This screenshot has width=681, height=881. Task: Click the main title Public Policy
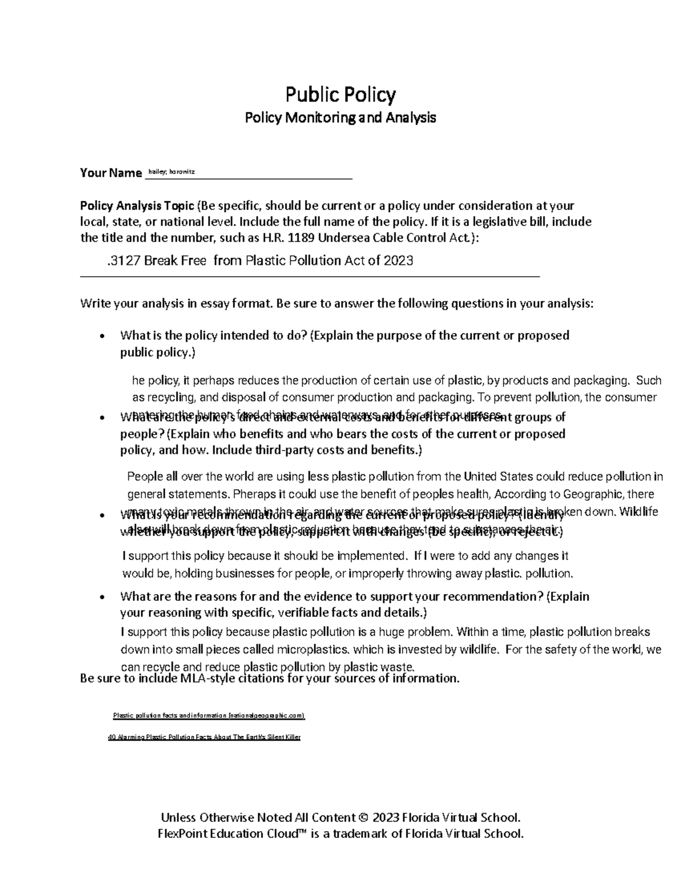(340, 94)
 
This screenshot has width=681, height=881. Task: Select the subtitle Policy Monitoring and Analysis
(340, 118)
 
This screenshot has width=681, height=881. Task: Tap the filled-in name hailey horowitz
(171, 171)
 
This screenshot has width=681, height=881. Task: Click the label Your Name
(111, 172)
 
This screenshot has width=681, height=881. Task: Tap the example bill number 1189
(301, 238)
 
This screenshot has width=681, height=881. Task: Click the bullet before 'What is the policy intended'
(102, 336)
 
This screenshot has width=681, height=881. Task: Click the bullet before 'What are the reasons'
(102, 597)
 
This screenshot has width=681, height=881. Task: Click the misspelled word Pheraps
(251, 494)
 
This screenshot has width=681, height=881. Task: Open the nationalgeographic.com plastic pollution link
(209, 716)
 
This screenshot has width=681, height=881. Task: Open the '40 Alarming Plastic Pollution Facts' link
(204, 737)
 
